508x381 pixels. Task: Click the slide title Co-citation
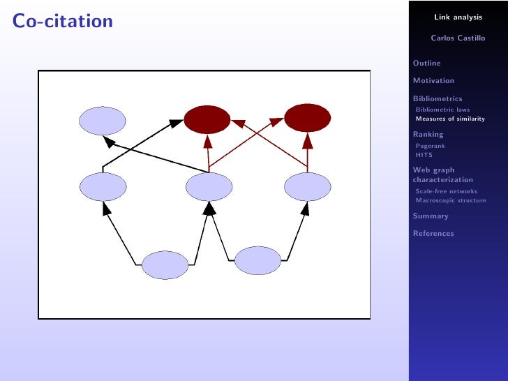(62, 22)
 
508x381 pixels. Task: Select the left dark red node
(207, 120)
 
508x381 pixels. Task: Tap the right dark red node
(307, 118)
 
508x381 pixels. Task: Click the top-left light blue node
(102, 121)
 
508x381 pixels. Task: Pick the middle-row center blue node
(209, 186)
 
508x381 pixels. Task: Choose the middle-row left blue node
(103, 186)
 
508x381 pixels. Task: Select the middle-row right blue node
(308, 186)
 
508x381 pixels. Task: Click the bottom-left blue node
(165, 265)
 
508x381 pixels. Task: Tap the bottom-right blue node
(257, 260)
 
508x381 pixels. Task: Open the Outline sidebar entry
(427, 63)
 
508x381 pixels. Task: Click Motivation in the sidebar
(433, 81)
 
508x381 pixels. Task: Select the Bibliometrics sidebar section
(438, 99)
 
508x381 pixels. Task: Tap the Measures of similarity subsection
(449, 119)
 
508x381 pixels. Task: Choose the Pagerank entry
(430, 146)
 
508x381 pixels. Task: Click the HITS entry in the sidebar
(424, 155)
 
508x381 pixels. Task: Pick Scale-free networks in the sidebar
(446, 191)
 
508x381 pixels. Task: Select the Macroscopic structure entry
(451, 200)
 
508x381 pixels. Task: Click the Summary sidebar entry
(431, 216)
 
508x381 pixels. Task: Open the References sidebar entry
(433, 234)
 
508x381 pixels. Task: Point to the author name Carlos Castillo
(458, 38)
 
